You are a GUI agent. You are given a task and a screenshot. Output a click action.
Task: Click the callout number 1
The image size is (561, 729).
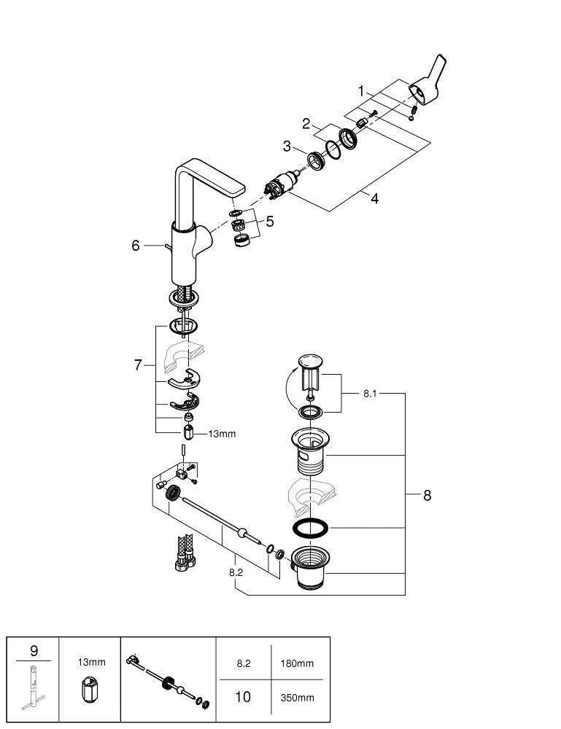coord(360,91)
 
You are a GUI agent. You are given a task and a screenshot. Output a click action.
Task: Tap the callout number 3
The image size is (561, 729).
coord(288,147)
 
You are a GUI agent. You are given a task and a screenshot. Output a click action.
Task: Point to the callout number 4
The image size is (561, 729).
coord(374,198)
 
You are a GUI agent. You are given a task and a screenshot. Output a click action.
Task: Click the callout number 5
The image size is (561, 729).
coord(269,221)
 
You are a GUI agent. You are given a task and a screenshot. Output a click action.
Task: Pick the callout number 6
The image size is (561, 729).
coord(136,246)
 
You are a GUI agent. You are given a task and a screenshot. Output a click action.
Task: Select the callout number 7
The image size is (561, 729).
coord(138,364)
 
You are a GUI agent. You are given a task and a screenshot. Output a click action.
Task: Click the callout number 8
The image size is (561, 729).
coord(427,495)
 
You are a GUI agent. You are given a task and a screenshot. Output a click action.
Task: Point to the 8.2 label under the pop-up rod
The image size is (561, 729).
coord(235,573)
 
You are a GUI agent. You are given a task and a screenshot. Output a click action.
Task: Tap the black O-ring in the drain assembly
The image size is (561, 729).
coord(310,528)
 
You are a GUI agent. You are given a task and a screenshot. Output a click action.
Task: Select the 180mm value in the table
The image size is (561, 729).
coord(296,663)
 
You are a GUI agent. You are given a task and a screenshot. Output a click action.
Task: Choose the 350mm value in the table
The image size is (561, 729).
coord(296,698)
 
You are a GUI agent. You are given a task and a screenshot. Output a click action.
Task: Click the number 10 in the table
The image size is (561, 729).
coord(242,697)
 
